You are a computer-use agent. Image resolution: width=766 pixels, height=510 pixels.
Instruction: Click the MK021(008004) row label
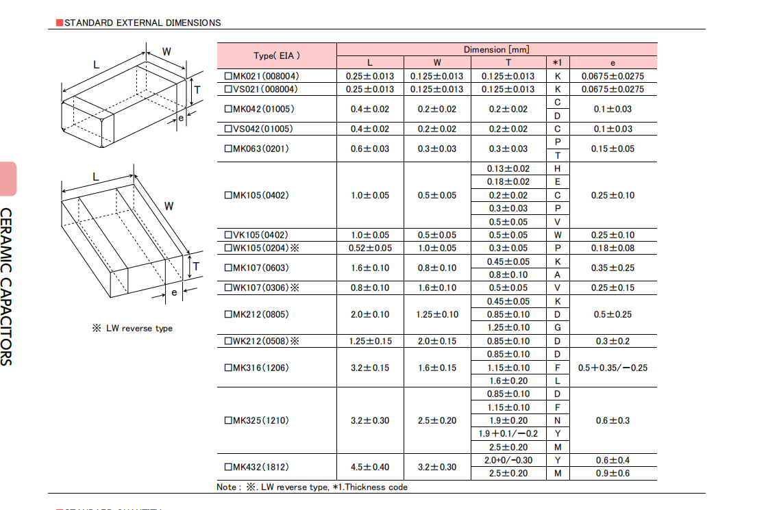pos(261,76)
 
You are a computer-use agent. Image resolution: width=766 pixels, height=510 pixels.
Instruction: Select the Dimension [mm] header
pos(496,49)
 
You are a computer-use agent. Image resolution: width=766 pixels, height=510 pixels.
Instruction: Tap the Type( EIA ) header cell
pos(277,55)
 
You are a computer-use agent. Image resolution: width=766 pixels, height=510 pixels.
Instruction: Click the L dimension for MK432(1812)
pos(370,467)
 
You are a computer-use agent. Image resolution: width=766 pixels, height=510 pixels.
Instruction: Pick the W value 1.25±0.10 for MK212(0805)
pos(437,315)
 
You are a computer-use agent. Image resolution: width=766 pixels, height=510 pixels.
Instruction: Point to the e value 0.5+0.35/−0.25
pos(613,368)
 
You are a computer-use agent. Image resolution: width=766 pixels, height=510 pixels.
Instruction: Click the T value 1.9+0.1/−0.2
pos(508,434)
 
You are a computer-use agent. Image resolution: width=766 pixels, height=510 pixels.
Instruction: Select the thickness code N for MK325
pos(558,421)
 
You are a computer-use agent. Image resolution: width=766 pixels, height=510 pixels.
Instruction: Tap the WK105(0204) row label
pos(261,248)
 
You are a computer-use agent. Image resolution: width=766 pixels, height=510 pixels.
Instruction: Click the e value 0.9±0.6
pos(613,474)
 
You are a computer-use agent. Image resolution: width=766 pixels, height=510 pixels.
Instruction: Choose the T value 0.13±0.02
pos(508,169)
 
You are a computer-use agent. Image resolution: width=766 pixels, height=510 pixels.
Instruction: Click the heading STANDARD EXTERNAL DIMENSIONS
pos(142,23)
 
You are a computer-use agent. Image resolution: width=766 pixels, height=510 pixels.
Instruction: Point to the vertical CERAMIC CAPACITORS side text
pos(6,287)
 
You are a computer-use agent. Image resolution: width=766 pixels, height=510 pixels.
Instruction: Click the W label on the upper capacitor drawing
pos(166,52)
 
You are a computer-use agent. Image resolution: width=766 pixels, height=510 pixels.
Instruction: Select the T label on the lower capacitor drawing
pos(197,266)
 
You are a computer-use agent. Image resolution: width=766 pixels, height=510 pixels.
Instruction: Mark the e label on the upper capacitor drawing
pos(181,118)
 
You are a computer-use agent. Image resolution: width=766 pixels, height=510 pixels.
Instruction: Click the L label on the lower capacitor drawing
pos(96,177)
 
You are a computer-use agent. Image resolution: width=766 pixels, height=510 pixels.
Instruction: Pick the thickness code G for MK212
pos(558,328)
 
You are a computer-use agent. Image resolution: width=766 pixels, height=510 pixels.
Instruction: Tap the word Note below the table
pos(227,487)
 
